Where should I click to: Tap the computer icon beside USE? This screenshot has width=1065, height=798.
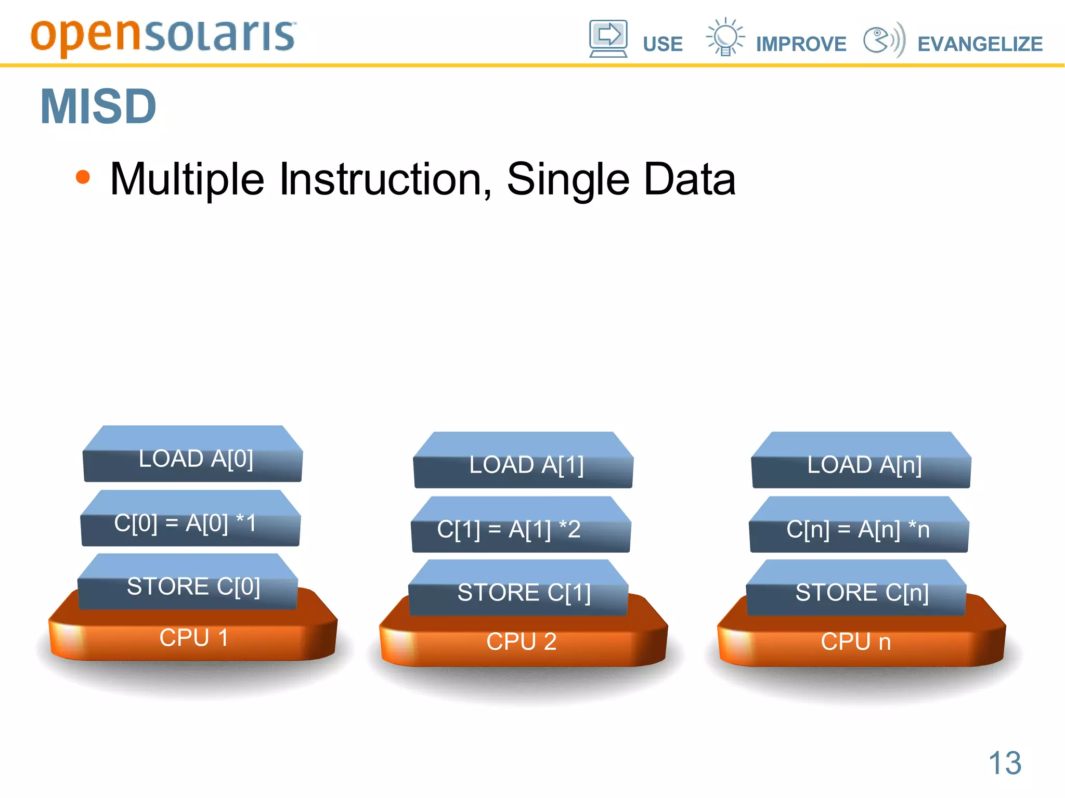coord(608,38)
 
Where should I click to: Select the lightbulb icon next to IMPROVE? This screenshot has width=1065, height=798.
coord(725,37)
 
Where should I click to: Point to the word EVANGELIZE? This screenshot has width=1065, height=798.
coord(980,44)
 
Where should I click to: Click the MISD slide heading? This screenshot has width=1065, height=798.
coord(98,107)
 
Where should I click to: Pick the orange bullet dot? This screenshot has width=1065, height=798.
coord(83,177)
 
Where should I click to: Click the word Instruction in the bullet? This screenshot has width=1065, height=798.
coord(385,179)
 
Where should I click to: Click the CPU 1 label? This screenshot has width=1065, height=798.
coord(193,638)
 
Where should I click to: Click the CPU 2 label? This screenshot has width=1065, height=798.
coord(521,642)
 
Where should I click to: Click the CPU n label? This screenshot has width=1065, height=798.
coord(855,642)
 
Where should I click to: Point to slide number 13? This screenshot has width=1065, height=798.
coord(1005,763)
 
